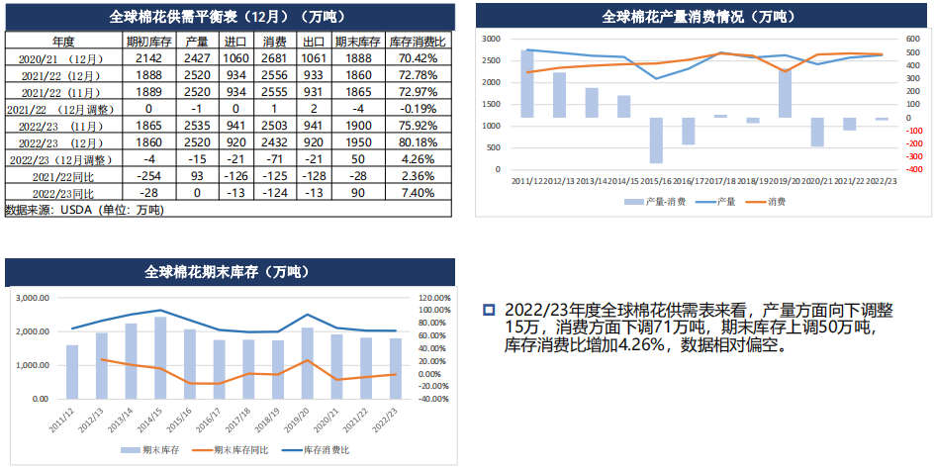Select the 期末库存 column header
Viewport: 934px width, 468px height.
click(358, 43)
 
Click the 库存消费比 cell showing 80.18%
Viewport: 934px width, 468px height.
click(417, 141)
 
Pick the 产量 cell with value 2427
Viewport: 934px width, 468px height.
click(197, 59)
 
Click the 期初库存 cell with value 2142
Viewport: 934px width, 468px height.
click(148, 59)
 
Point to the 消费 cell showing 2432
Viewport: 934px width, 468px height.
click(275, 141)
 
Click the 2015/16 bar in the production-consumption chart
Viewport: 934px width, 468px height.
click(656, 140)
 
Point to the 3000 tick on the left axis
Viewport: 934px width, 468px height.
click(491, 38)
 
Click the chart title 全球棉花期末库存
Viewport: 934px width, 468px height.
click(228, 271)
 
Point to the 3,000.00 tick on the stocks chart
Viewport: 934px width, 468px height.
click(36, 298)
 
